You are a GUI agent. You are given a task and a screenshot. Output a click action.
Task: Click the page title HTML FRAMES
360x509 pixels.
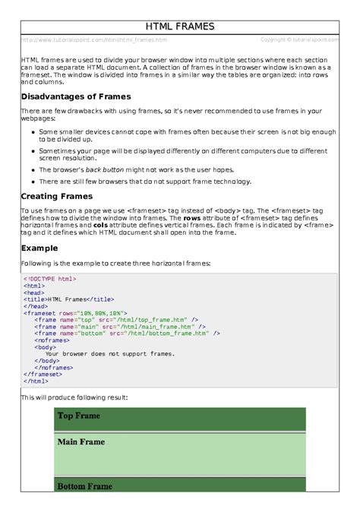click(180, 27)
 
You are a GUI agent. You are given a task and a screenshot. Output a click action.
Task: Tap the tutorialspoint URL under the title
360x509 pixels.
click(94, 40)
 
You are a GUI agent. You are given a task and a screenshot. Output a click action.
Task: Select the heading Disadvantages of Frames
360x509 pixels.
click(75, 96)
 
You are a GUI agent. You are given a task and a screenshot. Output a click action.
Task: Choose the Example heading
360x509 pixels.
click(39, 248)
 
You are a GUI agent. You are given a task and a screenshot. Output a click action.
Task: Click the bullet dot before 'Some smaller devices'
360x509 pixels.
click(33, 131)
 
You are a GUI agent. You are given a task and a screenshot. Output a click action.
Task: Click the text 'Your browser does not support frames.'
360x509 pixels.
click(110, 353)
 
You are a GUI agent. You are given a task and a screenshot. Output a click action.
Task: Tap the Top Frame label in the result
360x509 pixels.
click(79, 416)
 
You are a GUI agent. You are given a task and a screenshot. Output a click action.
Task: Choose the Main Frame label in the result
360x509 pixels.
click(81, 441)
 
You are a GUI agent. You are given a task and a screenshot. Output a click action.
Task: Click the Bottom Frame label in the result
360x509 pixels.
click(84, 486)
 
